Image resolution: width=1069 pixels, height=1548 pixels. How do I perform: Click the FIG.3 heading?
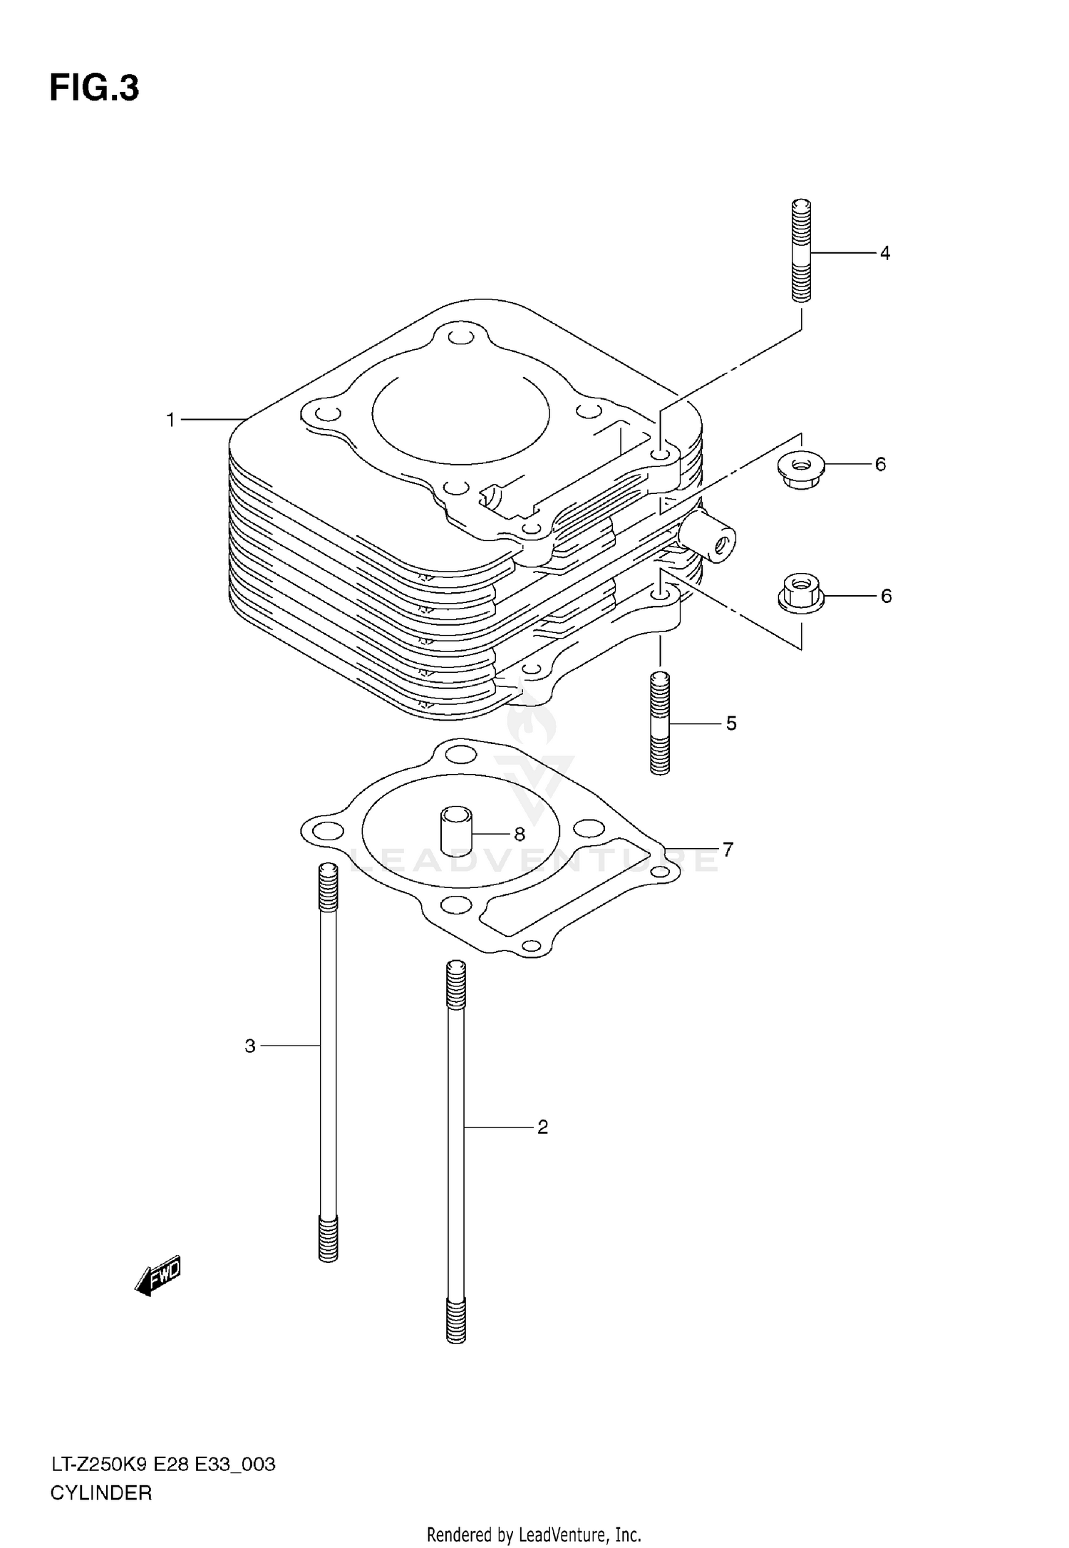click(x=94, y=88)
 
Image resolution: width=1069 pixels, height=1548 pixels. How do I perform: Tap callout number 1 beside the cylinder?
click(x=171, y=420)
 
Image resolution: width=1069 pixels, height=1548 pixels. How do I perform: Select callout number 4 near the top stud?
click(x=884, y=253)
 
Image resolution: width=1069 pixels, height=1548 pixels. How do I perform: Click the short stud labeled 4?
click(x=801, y=250)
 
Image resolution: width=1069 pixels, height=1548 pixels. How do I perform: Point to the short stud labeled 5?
click(x=660, y=723)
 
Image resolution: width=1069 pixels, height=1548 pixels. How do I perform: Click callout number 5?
click(x=731, y=723)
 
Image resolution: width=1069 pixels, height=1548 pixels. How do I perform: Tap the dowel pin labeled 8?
click(x=456, y=830)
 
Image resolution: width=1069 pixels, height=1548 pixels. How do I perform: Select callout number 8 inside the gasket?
click(x=519, y=833)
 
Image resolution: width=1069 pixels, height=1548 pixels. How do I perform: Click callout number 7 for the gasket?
click(x=728, y=850)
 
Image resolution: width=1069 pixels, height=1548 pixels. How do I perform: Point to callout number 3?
click(x=250, y=1046)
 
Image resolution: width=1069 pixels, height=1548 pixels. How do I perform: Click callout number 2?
click(x=542, y=1127)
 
